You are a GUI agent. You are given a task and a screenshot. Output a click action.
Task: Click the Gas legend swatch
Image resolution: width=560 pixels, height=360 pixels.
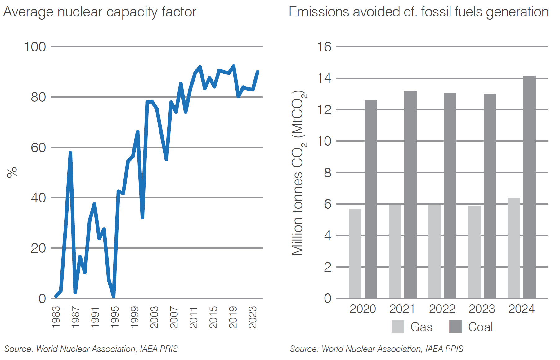397,327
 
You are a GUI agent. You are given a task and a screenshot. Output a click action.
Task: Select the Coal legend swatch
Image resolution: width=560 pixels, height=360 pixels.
455,327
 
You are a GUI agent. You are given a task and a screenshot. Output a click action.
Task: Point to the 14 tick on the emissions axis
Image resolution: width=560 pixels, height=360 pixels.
324,78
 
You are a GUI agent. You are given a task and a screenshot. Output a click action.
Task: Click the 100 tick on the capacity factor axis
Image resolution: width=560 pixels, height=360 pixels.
35,47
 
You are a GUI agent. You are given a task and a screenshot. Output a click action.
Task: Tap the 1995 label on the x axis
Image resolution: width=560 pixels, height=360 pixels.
115,317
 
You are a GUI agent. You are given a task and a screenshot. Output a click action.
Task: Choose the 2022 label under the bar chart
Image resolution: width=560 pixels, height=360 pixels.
442,309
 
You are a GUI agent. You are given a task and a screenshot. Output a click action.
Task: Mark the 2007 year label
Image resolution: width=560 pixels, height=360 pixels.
174,317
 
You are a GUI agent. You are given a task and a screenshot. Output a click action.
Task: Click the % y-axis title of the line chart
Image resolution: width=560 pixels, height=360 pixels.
12,172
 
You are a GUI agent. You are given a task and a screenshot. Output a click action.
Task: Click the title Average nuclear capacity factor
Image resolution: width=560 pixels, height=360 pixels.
100,12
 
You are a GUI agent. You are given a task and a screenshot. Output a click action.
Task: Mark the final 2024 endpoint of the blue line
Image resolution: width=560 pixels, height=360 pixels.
258,72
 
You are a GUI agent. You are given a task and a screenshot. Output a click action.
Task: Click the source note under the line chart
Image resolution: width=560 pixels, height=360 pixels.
91,349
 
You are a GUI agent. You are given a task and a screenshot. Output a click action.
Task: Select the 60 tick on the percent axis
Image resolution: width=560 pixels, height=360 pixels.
38,148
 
